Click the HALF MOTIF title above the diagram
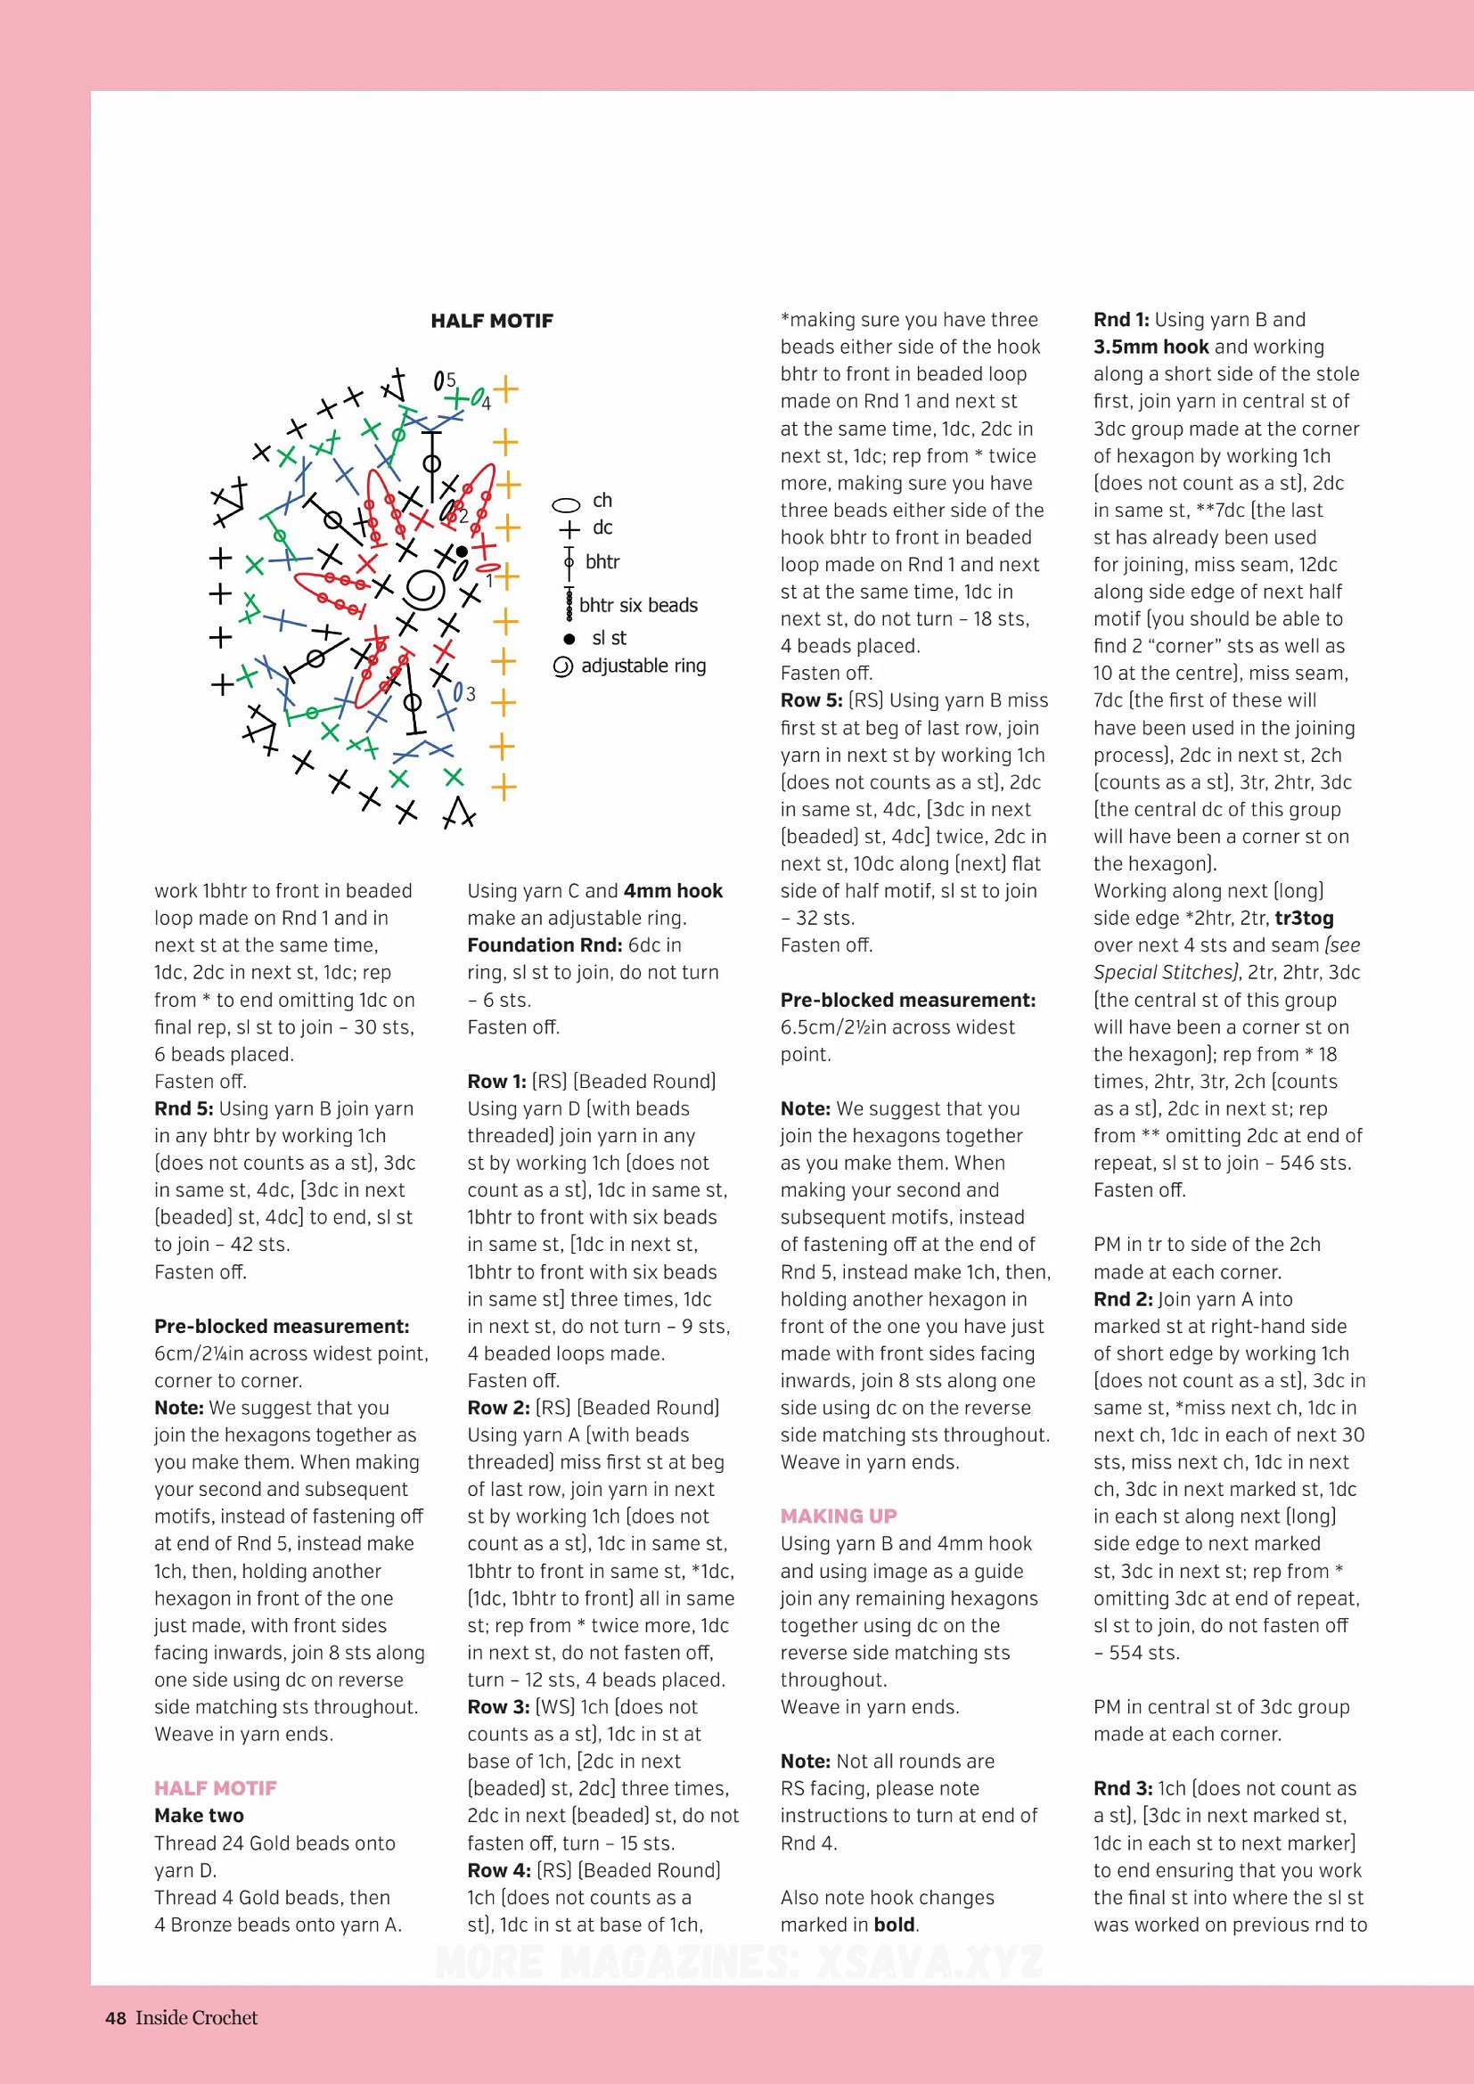point(492,321)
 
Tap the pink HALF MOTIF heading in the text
point(215,1788)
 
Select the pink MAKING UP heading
point(838,1516)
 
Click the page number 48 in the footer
point(115,2018)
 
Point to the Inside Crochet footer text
point(196,2018)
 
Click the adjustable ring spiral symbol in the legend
point(562,667)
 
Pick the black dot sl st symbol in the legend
point(569,639)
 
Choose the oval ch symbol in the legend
point(567,504)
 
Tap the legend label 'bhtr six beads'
point(638,605)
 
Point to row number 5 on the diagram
point(451,380)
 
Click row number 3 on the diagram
point(471,694)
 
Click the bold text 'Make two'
point(199,1815)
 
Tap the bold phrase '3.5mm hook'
point(1151,347)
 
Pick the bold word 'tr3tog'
point(1305,918)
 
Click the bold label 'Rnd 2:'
point(1123,1299)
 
